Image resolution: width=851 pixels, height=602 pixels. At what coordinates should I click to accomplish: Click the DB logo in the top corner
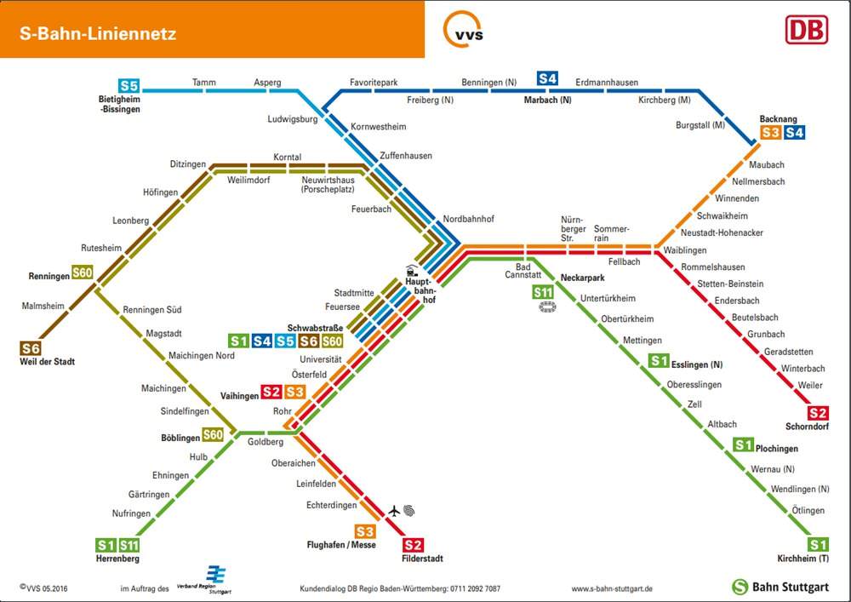(807, 30)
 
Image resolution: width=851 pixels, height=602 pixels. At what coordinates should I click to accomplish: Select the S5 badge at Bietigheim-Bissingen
(129, 86)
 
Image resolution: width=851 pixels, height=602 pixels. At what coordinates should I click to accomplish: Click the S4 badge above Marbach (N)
(547, 78)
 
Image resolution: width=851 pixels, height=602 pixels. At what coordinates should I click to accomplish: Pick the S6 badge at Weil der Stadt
(31, 348)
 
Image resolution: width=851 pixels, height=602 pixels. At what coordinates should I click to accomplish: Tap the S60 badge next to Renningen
(83, 272)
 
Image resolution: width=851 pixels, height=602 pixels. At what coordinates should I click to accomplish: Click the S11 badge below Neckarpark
(543, 293)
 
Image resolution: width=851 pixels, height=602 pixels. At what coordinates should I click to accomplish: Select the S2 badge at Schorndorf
(817, 413)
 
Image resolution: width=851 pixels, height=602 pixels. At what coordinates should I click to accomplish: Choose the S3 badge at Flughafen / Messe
(365, 531)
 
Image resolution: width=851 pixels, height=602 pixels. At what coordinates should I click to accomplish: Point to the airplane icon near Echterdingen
(394, 511)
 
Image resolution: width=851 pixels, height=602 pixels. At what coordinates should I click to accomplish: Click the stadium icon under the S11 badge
(547, 307)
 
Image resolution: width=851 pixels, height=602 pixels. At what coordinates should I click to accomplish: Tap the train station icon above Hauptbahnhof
(413, 271)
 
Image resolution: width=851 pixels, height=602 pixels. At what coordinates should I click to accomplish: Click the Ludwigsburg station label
(293, 119)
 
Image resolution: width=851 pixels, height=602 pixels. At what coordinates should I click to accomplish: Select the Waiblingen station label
(685, 250)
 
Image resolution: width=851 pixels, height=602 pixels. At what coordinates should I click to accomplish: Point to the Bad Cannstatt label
(523, 270)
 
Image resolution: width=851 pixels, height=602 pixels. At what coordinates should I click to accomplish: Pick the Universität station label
(321, 359)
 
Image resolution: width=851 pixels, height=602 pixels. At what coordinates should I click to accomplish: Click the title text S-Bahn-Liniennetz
(98, 33)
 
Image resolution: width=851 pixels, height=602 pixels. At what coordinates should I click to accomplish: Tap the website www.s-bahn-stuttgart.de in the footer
(612, 588)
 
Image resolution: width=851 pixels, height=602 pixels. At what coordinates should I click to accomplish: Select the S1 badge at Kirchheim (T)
(817, 544)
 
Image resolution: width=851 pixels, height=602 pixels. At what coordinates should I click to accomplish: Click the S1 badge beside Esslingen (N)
(659, 360)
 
